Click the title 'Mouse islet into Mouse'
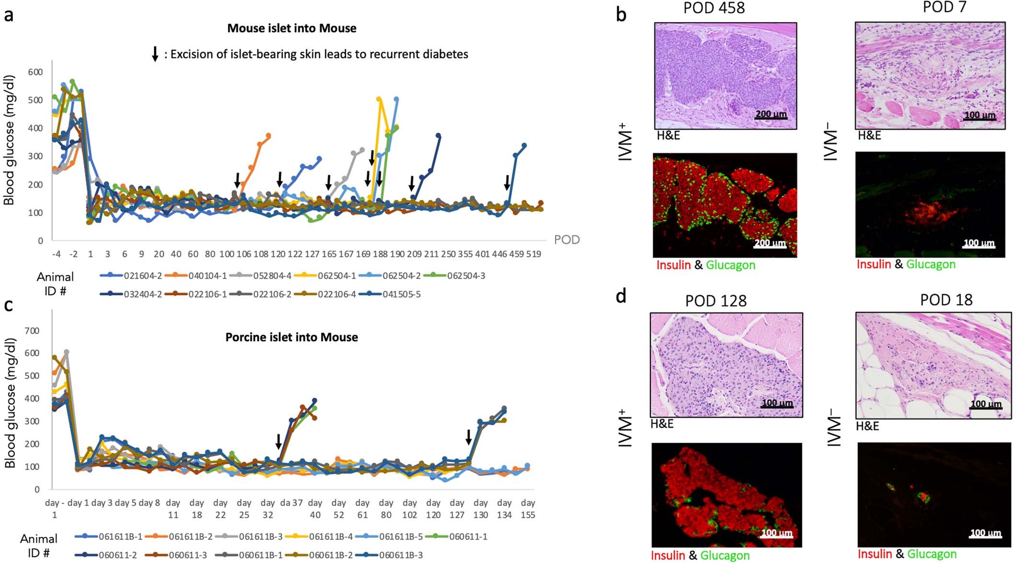(x=291, y=28)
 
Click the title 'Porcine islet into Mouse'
(x=291, y=337)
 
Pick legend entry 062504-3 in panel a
(x=466, y=276)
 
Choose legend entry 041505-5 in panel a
(x=401, y=294)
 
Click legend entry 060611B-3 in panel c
(x=401, y=555)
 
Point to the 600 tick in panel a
(x=35, y=72)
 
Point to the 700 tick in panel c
(x=32, y=331)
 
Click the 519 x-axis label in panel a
(x=533, y=254)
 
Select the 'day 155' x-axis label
(x=528, y=509)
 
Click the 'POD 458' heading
(x=714, y=8)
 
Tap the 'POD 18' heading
(x=946, y=300)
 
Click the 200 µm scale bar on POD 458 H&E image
(x=771, y=115)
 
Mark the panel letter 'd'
(x=621, y=296)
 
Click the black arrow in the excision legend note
(x=155, y=54)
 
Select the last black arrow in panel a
(x=507, y=182)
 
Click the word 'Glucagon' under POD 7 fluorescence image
(x=931, y=264)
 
